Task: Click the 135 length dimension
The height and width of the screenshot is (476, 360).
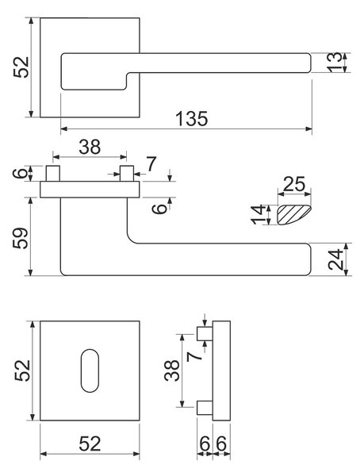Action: (x=192, y=118)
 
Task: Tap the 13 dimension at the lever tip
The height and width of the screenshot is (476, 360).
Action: (x=334, y=63)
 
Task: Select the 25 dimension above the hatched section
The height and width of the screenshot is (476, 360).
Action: (x=294, y=184)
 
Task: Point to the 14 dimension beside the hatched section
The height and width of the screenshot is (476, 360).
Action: (x=258, y=214)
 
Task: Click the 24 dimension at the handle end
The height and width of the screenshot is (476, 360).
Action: (x=335, y=259)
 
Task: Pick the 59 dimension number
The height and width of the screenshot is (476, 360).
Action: (x=21, y=238)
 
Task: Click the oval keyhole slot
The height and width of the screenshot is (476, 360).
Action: (x=90, y=370)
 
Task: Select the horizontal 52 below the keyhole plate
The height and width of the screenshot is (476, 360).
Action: (x=90, y=443)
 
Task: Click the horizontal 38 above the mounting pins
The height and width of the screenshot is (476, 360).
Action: (x=90, y=147)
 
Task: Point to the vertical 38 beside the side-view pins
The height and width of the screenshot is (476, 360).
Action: (x=172, y=370)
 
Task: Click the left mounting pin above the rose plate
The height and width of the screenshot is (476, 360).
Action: (x=52, y=173)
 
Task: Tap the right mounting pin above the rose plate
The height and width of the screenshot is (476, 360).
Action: (x=127, y=173)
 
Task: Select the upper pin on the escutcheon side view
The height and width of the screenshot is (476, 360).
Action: (x=205, y=334)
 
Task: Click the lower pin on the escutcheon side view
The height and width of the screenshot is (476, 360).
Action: (x=205, y=408)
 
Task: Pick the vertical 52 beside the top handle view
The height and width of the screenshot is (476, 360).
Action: (x=21, y=67)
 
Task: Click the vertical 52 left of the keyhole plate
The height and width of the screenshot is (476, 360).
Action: (x=22, y=370)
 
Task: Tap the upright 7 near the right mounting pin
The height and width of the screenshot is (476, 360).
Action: (x=151, y=163)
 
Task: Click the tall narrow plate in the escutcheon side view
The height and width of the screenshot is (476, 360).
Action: (x=221, y=370)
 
